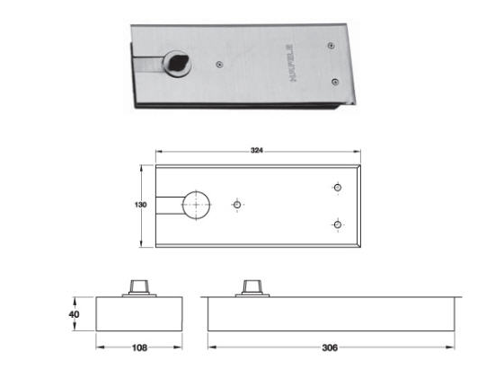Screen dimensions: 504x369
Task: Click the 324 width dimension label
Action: click(x=257, y=150)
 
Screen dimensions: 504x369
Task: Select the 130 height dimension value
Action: click(x=140, y=205)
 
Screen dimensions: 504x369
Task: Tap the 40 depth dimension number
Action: click(x=74, y=314)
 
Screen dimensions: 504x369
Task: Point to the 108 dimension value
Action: click(x=139, y=347)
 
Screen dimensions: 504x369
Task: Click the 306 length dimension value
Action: click(x=330, y=347)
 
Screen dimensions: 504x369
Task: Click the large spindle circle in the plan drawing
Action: click(x=196, y=205)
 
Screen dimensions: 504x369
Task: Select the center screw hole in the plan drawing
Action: click(x=237, y=205)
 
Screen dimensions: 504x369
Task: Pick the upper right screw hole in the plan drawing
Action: click(x=337, y=188)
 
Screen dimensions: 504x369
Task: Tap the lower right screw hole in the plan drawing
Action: click(x=337, y=224)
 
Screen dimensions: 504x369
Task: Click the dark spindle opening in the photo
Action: click(x=177, y=63)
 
